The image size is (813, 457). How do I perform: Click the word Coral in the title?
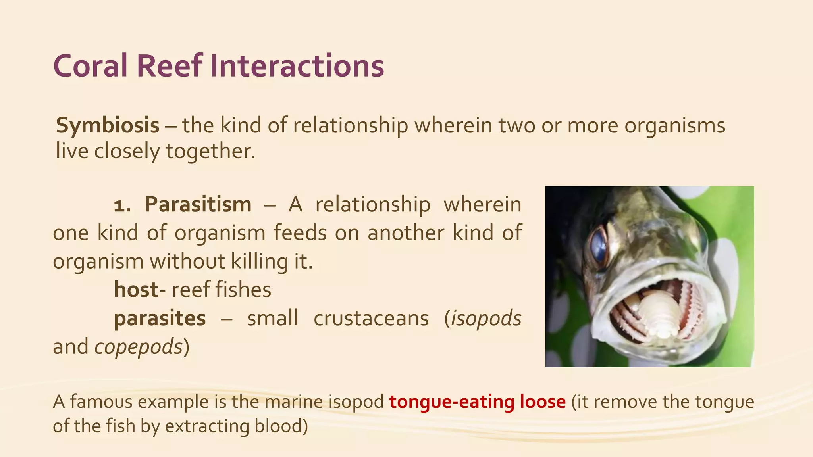coord(91,66)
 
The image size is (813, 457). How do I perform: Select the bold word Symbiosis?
coord(108,125)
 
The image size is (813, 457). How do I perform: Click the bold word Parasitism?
coord(198,205)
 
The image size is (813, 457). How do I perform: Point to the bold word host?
coord(136,290)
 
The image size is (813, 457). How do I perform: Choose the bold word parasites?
coord(160,318)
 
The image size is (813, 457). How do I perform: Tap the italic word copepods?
coord(138,347)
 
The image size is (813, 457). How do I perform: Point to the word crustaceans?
coord(371,318)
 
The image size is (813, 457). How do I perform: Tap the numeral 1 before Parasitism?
coord(122,205)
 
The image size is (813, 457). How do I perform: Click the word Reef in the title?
coord(170,66)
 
